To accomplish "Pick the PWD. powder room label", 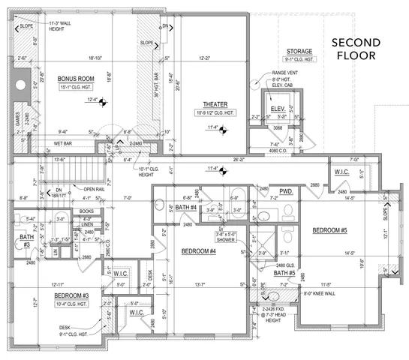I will click(286, 191).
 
